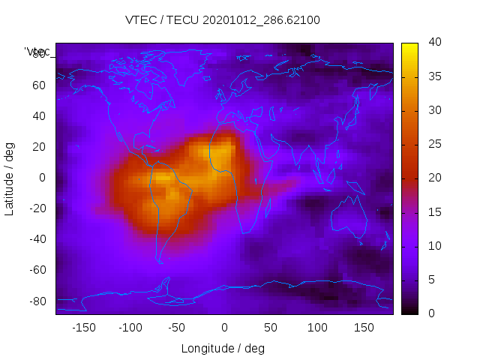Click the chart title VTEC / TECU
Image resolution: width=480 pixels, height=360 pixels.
pyautogui.click(x=223, y=20)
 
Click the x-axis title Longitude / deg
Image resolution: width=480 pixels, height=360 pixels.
pyautogui.click(x=223, y=348)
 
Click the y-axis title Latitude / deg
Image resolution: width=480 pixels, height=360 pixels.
pyautogui.click(x=10, y=177)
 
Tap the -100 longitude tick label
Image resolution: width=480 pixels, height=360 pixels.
pyautogui.click(x=130, y=327)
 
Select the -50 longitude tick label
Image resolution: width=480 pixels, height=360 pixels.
pyautogui.click(x=177, y=327)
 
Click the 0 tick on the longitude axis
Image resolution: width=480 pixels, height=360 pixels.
pyautogui.click(x=224, y=327)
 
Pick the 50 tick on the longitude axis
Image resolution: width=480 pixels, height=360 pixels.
pyautogui.click(x=271, y=327)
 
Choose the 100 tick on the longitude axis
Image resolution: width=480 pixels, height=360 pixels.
pyautogui.click(x=317, y=327)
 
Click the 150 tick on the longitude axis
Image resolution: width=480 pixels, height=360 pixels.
pyautogui.click(x=364, y=327)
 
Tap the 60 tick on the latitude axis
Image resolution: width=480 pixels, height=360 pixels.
pyautogui.click(x=39, y=85)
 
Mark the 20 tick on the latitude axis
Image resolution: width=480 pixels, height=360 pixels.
pyautogui.click(x=39, y=146)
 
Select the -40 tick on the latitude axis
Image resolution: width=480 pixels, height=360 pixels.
pyautogui.click(x=36, y=239)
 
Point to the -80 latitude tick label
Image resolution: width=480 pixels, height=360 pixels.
pyautogui.click(x=36, y=301)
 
